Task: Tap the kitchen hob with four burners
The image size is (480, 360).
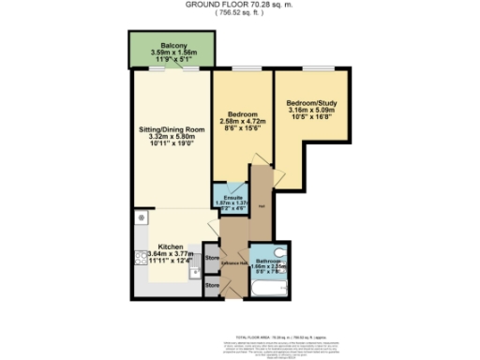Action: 140,260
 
